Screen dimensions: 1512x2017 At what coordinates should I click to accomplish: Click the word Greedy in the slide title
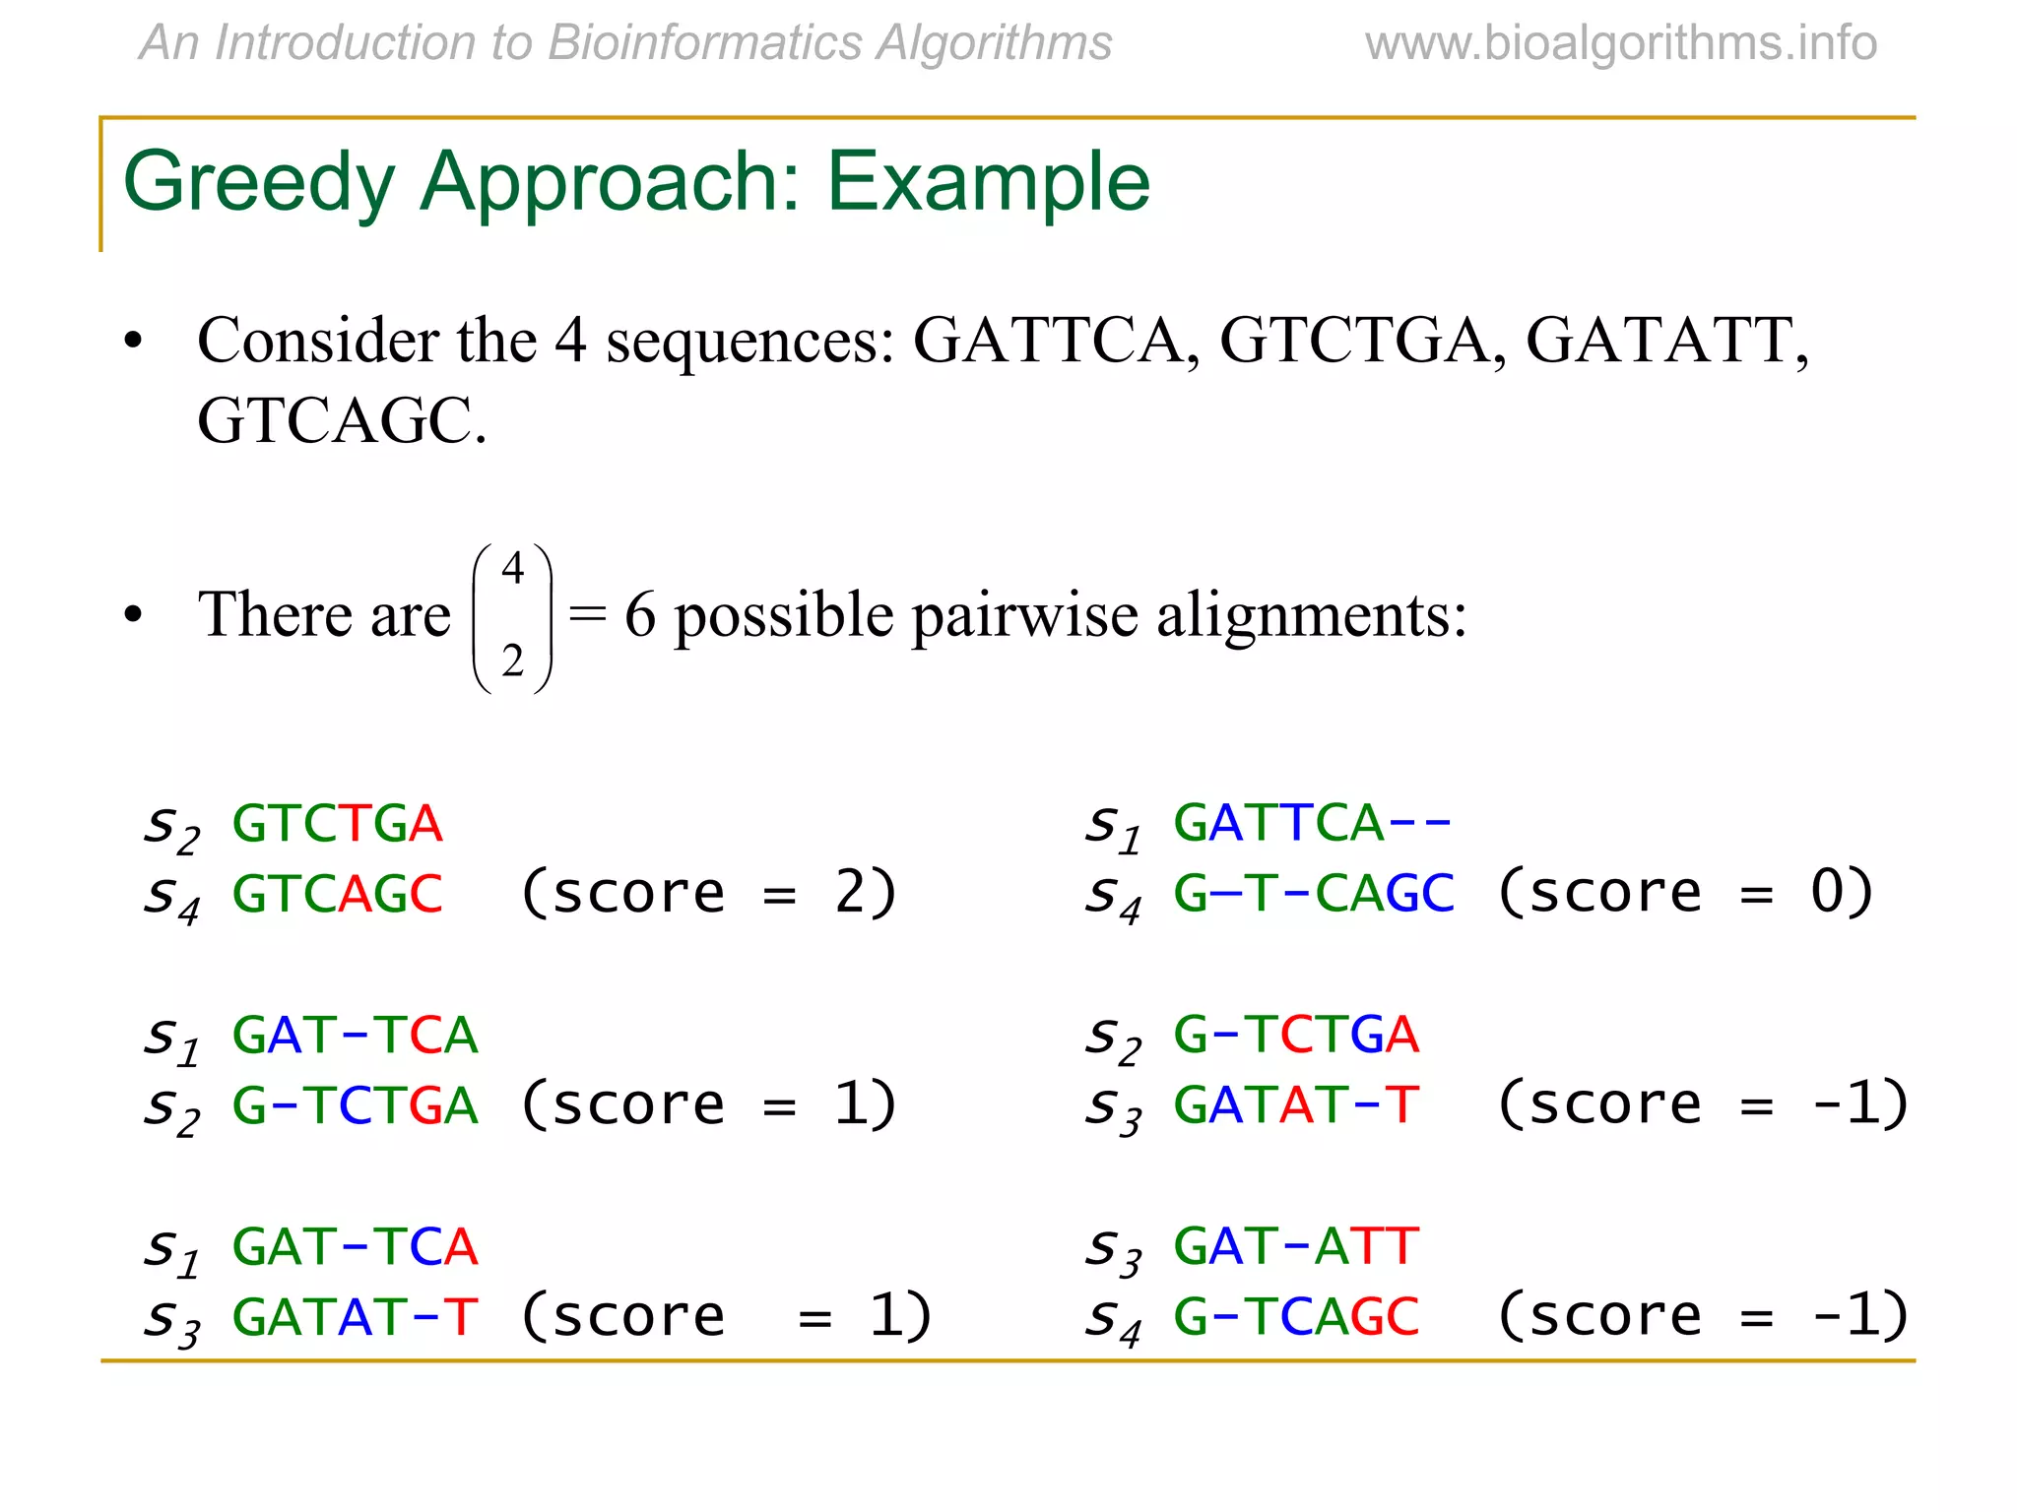coord(259,183)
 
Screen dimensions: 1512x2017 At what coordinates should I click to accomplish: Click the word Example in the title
coord(988,183)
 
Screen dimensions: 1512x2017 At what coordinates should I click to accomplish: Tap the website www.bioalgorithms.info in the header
coord(1620,43)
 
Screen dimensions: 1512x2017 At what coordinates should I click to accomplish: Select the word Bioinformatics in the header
coord(705,43)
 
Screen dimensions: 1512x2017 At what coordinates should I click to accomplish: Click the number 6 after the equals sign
coord(639,615)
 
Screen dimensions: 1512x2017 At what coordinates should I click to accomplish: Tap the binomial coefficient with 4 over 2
coord(512,617)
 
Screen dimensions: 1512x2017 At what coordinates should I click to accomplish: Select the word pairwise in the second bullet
coord(1024,617)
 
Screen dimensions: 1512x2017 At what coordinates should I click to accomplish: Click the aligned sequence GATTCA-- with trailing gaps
coord(1313,823)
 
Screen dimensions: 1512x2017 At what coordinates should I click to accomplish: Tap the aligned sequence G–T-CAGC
coord(1313,893)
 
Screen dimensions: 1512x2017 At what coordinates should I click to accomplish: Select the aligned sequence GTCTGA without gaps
coord(337,823)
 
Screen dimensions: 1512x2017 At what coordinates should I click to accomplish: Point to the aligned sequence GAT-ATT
coord(1296,1246)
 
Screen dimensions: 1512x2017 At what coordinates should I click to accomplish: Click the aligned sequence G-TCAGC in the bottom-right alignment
coord(1296,1316)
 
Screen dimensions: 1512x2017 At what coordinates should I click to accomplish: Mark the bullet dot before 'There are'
coord(133,615)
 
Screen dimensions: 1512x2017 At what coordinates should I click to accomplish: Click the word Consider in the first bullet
coord(318,342)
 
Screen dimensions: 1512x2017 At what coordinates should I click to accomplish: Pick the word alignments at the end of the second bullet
coord(1311,617)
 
